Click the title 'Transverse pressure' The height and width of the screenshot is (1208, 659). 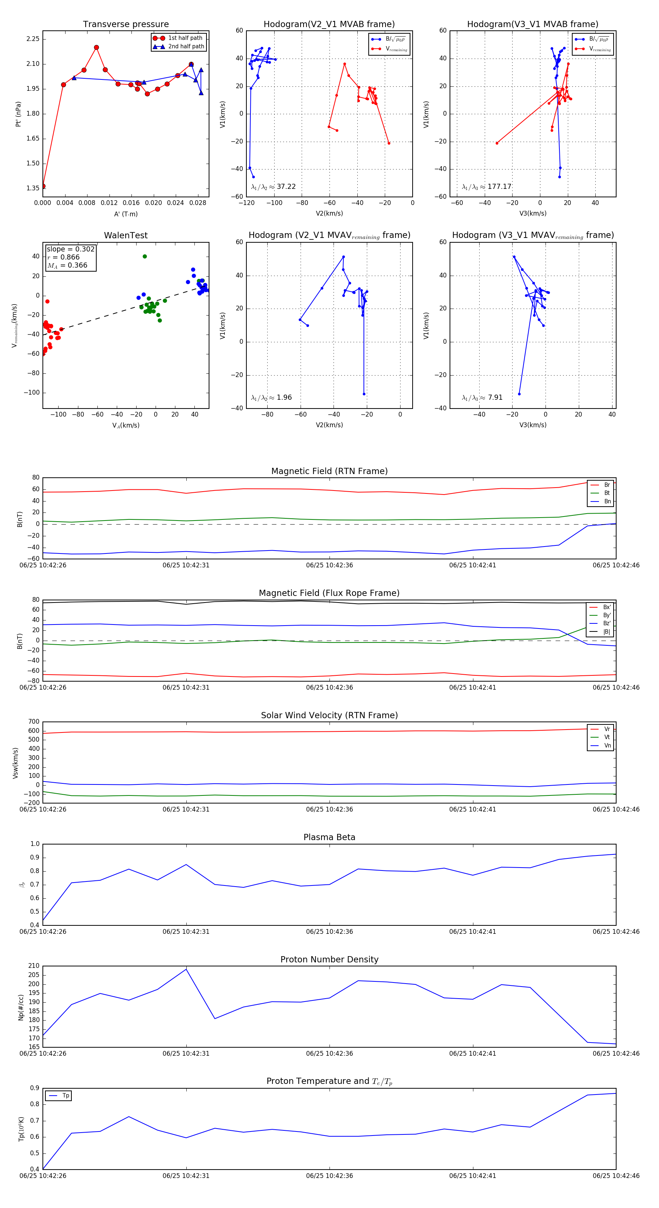click(126, 25)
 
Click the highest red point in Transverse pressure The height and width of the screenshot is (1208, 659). click(96, 47)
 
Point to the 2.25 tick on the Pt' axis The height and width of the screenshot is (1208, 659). click(33, 39)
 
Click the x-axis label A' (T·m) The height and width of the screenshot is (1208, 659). click(126, 214)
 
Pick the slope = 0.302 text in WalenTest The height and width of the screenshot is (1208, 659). click(70, 249)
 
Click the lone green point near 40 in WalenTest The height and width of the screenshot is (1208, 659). click(145, 257)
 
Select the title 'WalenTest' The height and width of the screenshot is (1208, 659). click(126, 235)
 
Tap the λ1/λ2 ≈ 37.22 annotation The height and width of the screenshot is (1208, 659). click(273, 187)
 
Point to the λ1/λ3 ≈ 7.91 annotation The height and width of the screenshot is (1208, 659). click(482, 398)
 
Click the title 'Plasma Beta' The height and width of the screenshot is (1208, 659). click(329, 838)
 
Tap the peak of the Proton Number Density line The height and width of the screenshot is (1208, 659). click(186, 969)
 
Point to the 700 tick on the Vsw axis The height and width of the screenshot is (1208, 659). click(34, 722)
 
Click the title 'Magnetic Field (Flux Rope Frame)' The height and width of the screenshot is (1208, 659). click(329, 593)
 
